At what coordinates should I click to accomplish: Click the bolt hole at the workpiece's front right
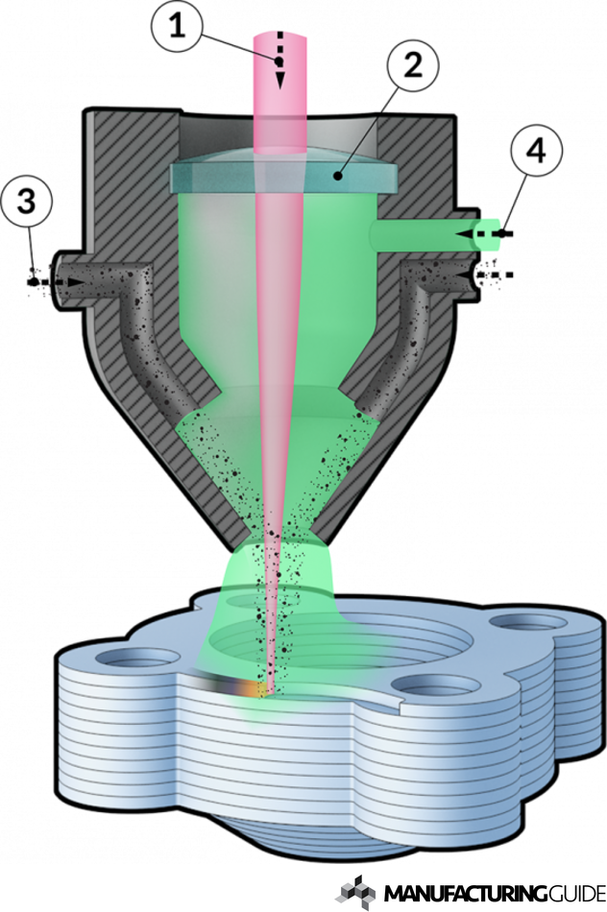coord(429,686)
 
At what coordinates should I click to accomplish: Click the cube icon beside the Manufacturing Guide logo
coord(354,891)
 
